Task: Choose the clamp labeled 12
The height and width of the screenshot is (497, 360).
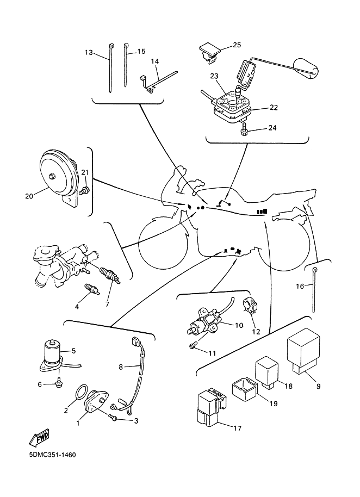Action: point(251,306)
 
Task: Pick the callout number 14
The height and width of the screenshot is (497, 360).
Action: point(155,62)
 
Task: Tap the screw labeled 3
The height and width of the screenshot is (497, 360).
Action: point(114,418)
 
